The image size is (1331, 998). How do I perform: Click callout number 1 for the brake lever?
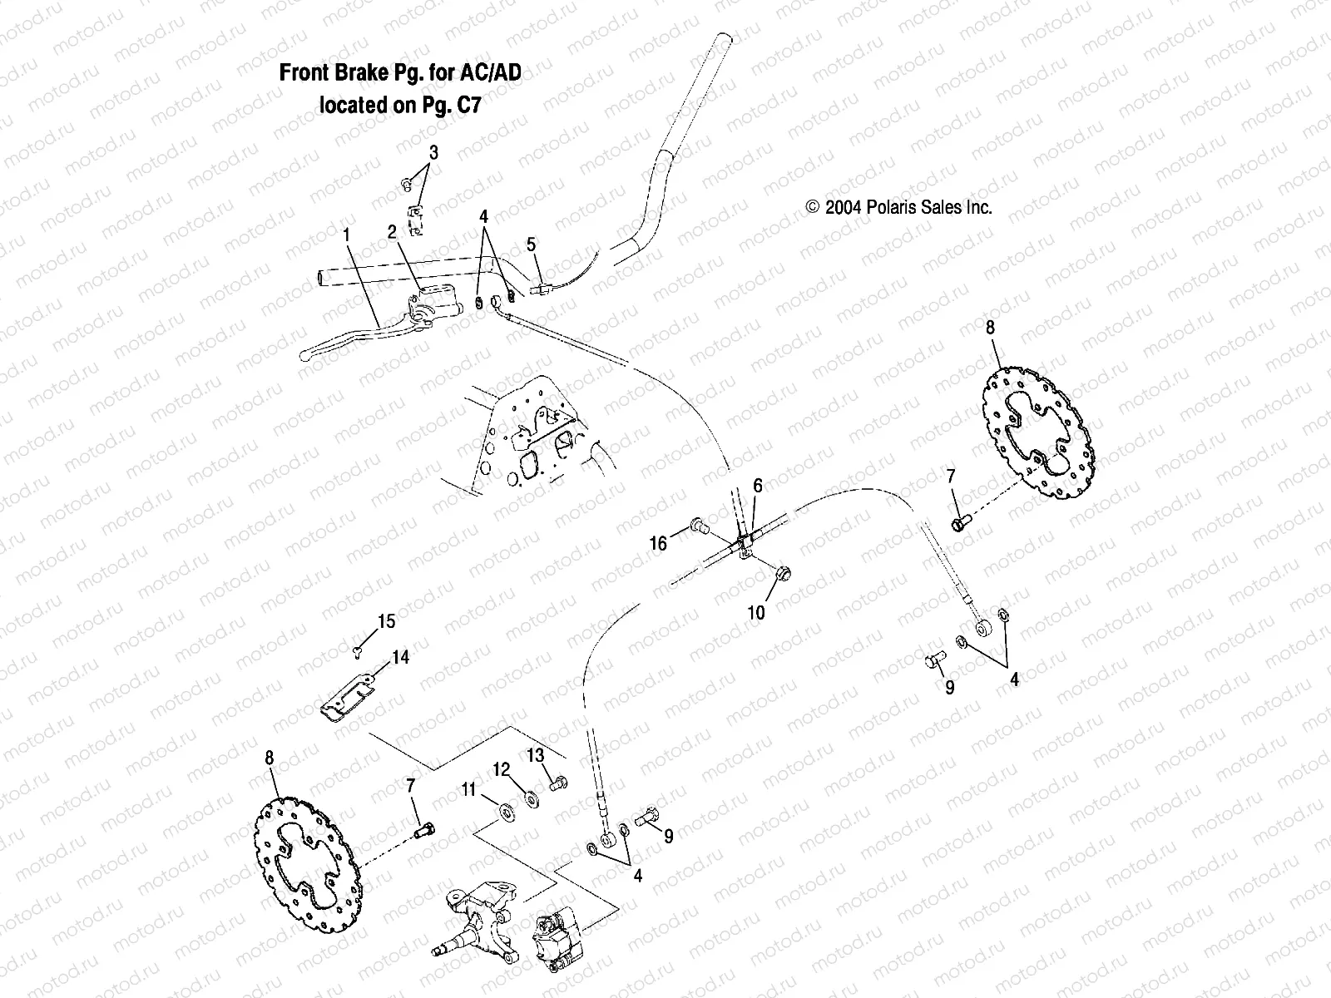click(347, 235)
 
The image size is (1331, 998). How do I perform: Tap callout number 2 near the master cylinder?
click(392, 233)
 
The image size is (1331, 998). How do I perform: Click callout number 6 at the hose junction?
click(757, 485)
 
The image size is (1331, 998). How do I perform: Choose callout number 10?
click(756, 613)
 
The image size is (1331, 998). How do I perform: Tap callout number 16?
click(658, 544)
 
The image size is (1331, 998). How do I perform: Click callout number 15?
click(387, 621)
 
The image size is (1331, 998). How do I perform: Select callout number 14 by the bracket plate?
click(400, 657)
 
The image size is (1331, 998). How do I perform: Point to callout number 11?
click(469, 788)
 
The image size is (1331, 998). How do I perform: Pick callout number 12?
click(500, 770)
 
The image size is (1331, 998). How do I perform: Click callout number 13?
click(535, 755)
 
